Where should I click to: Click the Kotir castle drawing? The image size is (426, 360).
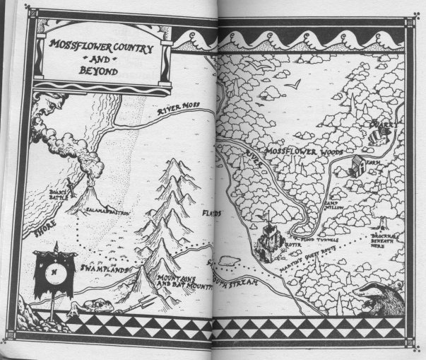268,243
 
